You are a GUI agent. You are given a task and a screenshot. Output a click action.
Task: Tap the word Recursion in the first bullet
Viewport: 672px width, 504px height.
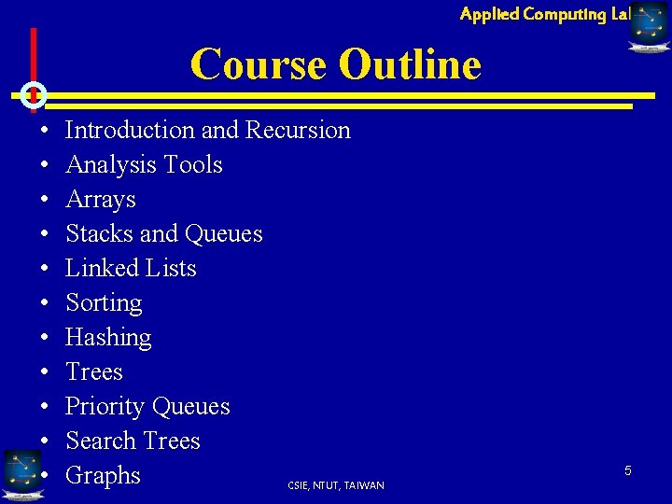(x=298, y=130)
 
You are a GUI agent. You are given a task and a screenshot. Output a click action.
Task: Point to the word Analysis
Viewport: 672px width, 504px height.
(x=109, y=164)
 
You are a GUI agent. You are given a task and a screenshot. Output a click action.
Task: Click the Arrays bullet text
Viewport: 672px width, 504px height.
(x=101, y=199)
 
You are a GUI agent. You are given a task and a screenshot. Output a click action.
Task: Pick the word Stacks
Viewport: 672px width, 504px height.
(x=99, y=233)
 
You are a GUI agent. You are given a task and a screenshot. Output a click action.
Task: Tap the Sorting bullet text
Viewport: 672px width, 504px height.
(x=104, y=302)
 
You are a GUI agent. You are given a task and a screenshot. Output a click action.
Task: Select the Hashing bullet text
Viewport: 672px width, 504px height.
(x=108, y=337)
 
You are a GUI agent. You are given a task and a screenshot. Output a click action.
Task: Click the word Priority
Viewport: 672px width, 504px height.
(x=105, y=406)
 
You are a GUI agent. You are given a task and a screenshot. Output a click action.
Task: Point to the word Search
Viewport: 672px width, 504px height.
(x=100, y=441)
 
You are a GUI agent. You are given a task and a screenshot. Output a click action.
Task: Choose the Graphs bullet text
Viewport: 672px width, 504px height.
(x=103, y=475)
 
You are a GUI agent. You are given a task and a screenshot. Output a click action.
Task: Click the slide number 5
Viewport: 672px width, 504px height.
(x=628, y=470)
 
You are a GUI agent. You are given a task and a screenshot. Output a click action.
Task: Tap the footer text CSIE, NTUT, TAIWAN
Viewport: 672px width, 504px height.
(x=336, y=485)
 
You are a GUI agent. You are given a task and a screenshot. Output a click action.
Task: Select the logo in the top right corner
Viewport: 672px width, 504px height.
(x=649, y=25)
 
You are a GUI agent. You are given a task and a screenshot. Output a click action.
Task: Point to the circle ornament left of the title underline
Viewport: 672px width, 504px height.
(x=33, y=94)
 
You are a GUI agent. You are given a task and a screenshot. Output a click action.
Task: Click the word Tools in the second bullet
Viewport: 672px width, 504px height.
(x=191, y=164)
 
